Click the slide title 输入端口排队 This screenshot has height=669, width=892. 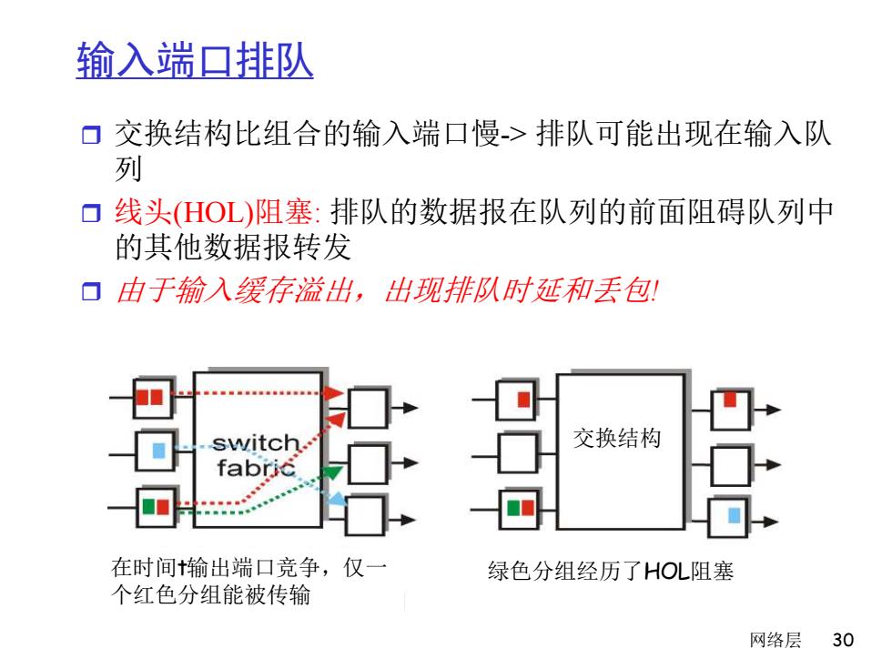click(195, 60)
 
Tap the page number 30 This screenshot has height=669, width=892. click(843, 639)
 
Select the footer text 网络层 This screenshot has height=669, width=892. click(775, 639)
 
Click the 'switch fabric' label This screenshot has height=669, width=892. click(256, 455)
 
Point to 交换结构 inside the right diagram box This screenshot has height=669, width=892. click(617, 438)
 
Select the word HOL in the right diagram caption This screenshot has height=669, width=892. click(666, 571)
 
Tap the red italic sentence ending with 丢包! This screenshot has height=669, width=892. click(387, 290)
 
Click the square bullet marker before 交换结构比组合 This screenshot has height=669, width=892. click(91, 135)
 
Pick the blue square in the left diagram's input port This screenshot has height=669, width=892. click(158, 451)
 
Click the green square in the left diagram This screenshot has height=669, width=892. click(148, 506)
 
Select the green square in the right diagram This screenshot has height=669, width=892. click(513, 507)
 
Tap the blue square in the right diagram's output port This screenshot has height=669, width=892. click(734, 515)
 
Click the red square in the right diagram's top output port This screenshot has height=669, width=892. click(730, 400)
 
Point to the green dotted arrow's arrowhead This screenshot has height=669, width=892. click(333, 471)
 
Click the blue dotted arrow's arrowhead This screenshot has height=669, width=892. click(338, 499)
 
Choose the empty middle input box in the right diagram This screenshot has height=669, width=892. click(518, 453)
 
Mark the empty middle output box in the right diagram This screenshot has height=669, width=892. click(731, 466)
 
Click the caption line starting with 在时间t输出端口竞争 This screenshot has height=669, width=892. click(249, 568)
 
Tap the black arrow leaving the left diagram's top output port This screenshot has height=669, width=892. click(403, 408)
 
